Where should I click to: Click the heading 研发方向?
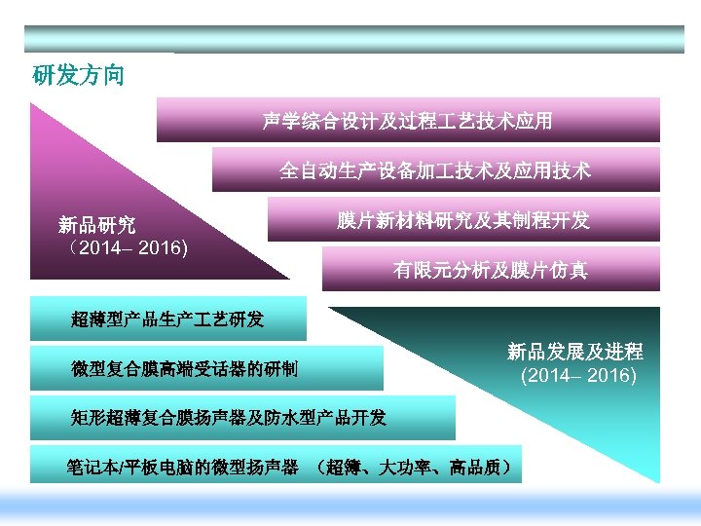(79, 75)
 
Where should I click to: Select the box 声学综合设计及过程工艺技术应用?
(408, 120)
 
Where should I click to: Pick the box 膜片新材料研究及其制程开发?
(463, 219)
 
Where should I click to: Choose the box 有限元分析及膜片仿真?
(491, 269)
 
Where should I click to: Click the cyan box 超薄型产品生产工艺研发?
(167, 319)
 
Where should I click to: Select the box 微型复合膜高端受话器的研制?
(206, 368)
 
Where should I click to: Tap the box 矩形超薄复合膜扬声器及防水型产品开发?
(242, 418)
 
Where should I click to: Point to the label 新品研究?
(96, 227)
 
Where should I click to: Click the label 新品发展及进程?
(574, 352)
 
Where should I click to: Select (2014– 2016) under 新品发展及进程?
(578, 375)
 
